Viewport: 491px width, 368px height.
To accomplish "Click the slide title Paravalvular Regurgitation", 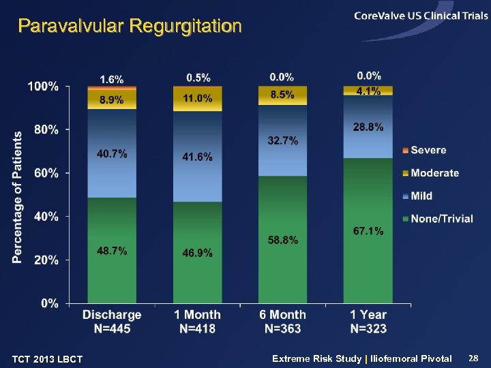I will [130, 27].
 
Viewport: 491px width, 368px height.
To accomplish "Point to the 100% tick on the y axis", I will [43, 87].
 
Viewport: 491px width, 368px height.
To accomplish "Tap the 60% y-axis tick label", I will [46, 173].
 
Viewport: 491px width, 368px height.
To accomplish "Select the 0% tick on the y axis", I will [49, 303].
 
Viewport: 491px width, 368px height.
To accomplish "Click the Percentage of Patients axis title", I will [17, 197].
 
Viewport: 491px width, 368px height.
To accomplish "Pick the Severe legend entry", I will [429, 150].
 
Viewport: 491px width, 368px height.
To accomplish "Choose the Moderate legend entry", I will [434, 173].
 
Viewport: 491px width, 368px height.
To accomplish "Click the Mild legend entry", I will [421, 196].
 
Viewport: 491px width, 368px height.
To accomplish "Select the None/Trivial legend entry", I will [441, 219].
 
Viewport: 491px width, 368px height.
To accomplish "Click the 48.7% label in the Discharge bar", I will [112, 251].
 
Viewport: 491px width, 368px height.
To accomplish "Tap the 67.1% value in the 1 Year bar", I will [368, 231].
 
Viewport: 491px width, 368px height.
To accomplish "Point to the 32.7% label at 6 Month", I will [282, 140].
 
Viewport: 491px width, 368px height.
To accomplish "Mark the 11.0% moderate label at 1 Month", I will [198, 99].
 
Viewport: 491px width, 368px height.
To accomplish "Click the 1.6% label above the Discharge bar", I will [112, 80].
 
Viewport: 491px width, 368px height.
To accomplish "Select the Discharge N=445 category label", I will [112, 322].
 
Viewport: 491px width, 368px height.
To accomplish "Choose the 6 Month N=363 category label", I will [282, 322].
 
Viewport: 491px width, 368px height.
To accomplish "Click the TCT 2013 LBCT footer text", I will [48, 359].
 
